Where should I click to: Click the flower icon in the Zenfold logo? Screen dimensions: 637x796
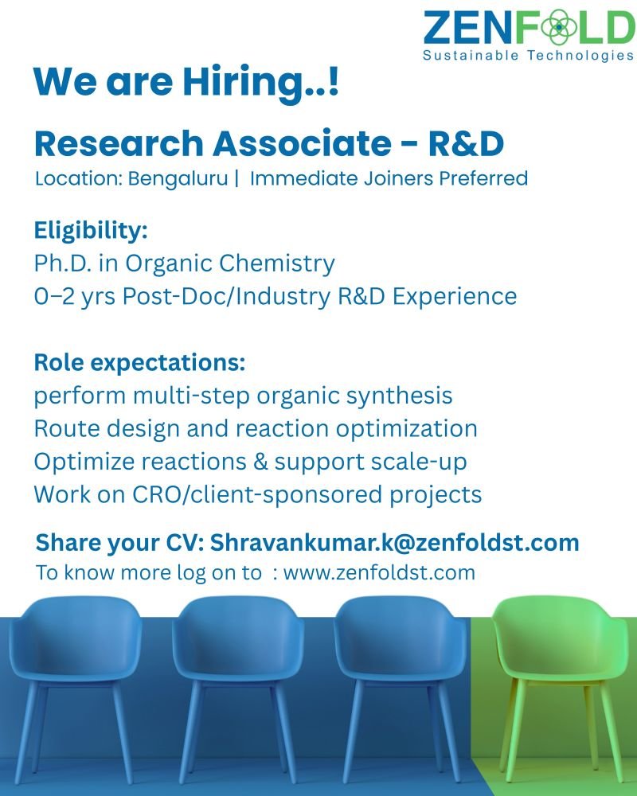(x=559, y=27)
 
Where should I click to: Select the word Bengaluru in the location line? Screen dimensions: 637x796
(x=178, y=179)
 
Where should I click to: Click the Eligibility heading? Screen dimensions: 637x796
(x=91, y=231)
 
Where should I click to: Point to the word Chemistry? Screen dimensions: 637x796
(x=277, y=264)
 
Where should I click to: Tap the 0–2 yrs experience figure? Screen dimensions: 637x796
(x=75, y=296)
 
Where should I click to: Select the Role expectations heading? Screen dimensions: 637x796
(x=139, y=363)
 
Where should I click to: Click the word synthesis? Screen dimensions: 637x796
(x=399, y=396)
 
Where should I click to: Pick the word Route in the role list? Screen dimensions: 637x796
(x=67, y=428)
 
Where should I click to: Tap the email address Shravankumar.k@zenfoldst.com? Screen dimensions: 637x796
(x=395, y=543)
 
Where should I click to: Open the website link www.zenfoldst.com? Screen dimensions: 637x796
(x=379, y=572)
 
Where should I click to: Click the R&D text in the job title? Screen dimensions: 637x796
(x=466, y=143)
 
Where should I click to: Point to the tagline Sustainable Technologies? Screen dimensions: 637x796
(x=528, y=56)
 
